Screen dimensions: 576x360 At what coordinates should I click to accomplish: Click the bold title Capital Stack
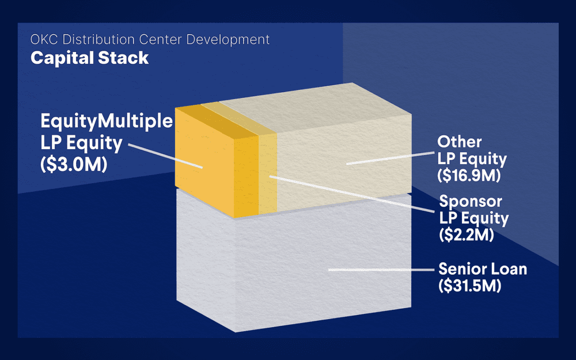pyautogui.click(x=90, y=58)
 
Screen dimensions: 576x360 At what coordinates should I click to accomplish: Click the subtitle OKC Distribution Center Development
pyautogui.click(x=150, y=39)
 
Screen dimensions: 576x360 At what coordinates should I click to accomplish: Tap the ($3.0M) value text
pyautogui.click(x=74, y=164)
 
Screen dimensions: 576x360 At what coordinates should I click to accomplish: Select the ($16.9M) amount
pyautogui.click(x=469, y=175)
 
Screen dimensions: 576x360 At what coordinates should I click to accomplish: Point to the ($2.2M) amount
pyautogui.click(x=467, y=234)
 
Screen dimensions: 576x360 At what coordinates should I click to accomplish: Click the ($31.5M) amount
pyautogui.click(x=470, y=286)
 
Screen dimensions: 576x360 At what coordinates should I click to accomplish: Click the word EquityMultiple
pyautogui.click(x=107, y=121)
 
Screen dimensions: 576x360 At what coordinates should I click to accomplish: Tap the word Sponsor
pyautogui.click(x=471, y=201)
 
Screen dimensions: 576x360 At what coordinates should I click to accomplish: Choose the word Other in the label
pyautogui.click(x=460, y=142)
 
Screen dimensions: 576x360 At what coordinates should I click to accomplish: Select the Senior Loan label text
pyautogui.click(x=483, y=269)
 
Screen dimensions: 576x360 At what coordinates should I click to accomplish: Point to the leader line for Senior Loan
pyautogui.click(x=381, y=270)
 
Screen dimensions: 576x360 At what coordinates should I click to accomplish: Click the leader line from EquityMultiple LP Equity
pyautogui.click(x=165, y=156)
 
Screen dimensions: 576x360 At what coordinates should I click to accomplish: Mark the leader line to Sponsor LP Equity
pyautogui.click(x=352, y=194)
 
